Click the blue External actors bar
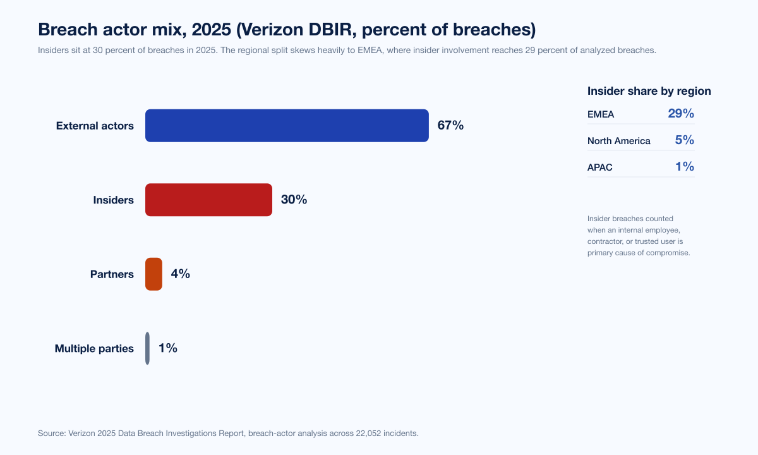(x=287, y=126)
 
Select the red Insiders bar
(x=208, y=200)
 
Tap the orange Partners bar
(x=153, y=274)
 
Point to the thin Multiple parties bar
(x=147, y=348)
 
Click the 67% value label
(x=450, y=126)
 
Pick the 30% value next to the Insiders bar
(x=294, y=200)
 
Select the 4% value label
(x=180, y=274)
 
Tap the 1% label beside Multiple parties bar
(x=167, y=348)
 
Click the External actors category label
(x=95, y=126)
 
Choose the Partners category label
(x=112, y=274)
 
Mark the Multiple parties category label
(x=94, y=348)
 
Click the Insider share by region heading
(x=649, y=91)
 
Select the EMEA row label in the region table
(x=601, y=114)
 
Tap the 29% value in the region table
(x=681, y=114)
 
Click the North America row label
(x=618, y=141)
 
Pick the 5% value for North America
(x=684, y=140)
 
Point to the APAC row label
(x=600, y=167)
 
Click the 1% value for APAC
(x=684, y=167)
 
